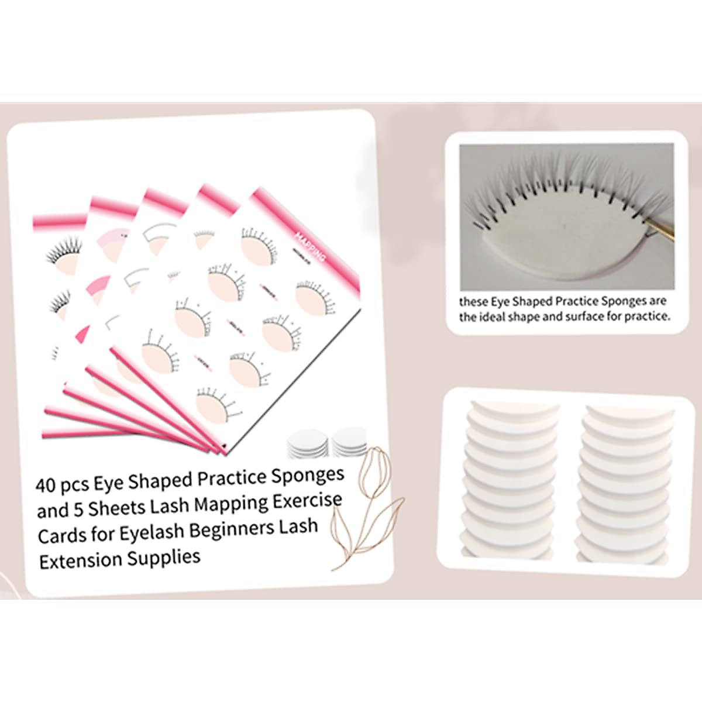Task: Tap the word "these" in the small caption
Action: [x=473, y=302]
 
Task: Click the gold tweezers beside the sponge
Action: [x=660, y=228]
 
